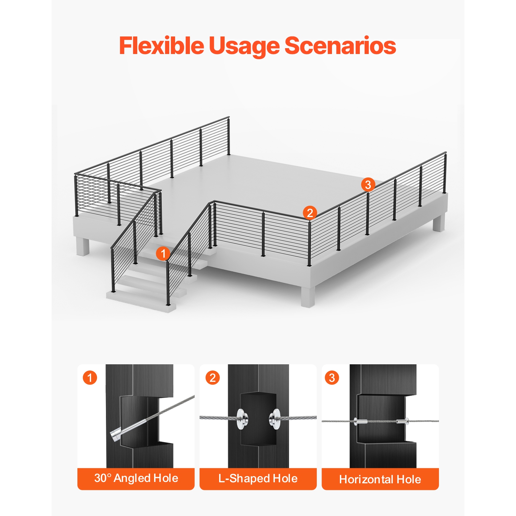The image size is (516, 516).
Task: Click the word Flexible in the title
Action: pyautogui.click(x=162, y=46)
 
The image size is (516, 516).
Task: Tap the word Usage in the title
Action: pyautogui.click(x=245, y=47)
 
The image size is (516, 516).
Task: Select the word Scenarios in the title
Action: pyautogui.click(x=341, y=46)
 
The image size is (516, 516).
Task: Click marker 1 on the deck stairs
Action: pyautogui.click(x=163, y=254)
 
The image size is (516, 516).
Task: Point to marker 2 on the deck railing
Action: pyautogui.click(x=310, y=213)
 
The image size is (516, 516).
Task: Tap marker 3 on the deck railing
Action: pyautogui.click(x=368, y=185)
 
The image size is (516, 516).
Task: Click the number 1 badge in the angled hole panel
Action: pyautogui.click(x=90, y=378)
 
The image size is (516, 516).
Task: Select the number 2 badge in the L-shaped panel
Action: pyautogui.click(x=213, y=378)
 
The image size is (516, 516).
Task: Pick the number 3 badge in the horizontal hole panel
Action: pyautogui.click(x=332, y=378)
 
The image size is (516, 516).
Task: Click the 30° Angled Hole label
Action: pyautogui.click(x=136, y=478)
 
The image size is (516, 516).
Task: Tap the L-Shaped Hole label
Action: pyautogui.click(x=258, y=479)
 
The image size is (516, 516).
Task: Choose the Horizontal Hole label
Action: pyautogui.click(x=380, y=479)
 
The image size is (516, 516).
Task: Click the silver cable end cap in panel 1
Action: pyautogui.click(x=116, y=435)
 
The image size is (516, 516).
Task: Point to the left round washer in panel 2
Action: pyautogui.click(x=242, y=419)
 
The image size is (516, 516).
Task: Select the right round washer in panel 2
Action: pyautogui.click(x=275, y=419)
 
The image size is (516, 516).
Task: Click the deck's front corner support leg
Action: pyautogui.click(x=308, y=296)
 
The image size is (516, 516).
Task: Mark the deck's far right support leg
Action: pyautogui.click(x=439, y=222)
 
